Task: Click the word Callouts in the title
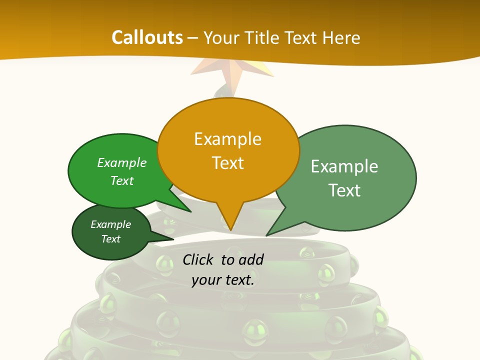tap(147, 37)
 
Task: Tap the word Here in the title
tap(342, 37)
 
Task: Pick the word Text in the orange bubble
tap(227, 162)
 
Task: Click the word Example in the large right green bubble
tap(344, 166)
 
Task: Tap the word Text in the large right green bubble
tap(344, 190)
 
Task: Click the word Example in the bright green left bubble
tap(122, 162)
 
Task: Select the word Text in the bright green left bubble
tap(122, 180)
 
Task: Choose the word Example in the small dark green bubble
tap(110, 224)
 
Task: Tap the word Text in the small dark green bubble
tap(110, 239)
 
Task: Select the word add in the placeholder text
tap(251, 259)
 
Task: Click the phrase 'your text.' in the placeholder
tap(223, 280)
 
